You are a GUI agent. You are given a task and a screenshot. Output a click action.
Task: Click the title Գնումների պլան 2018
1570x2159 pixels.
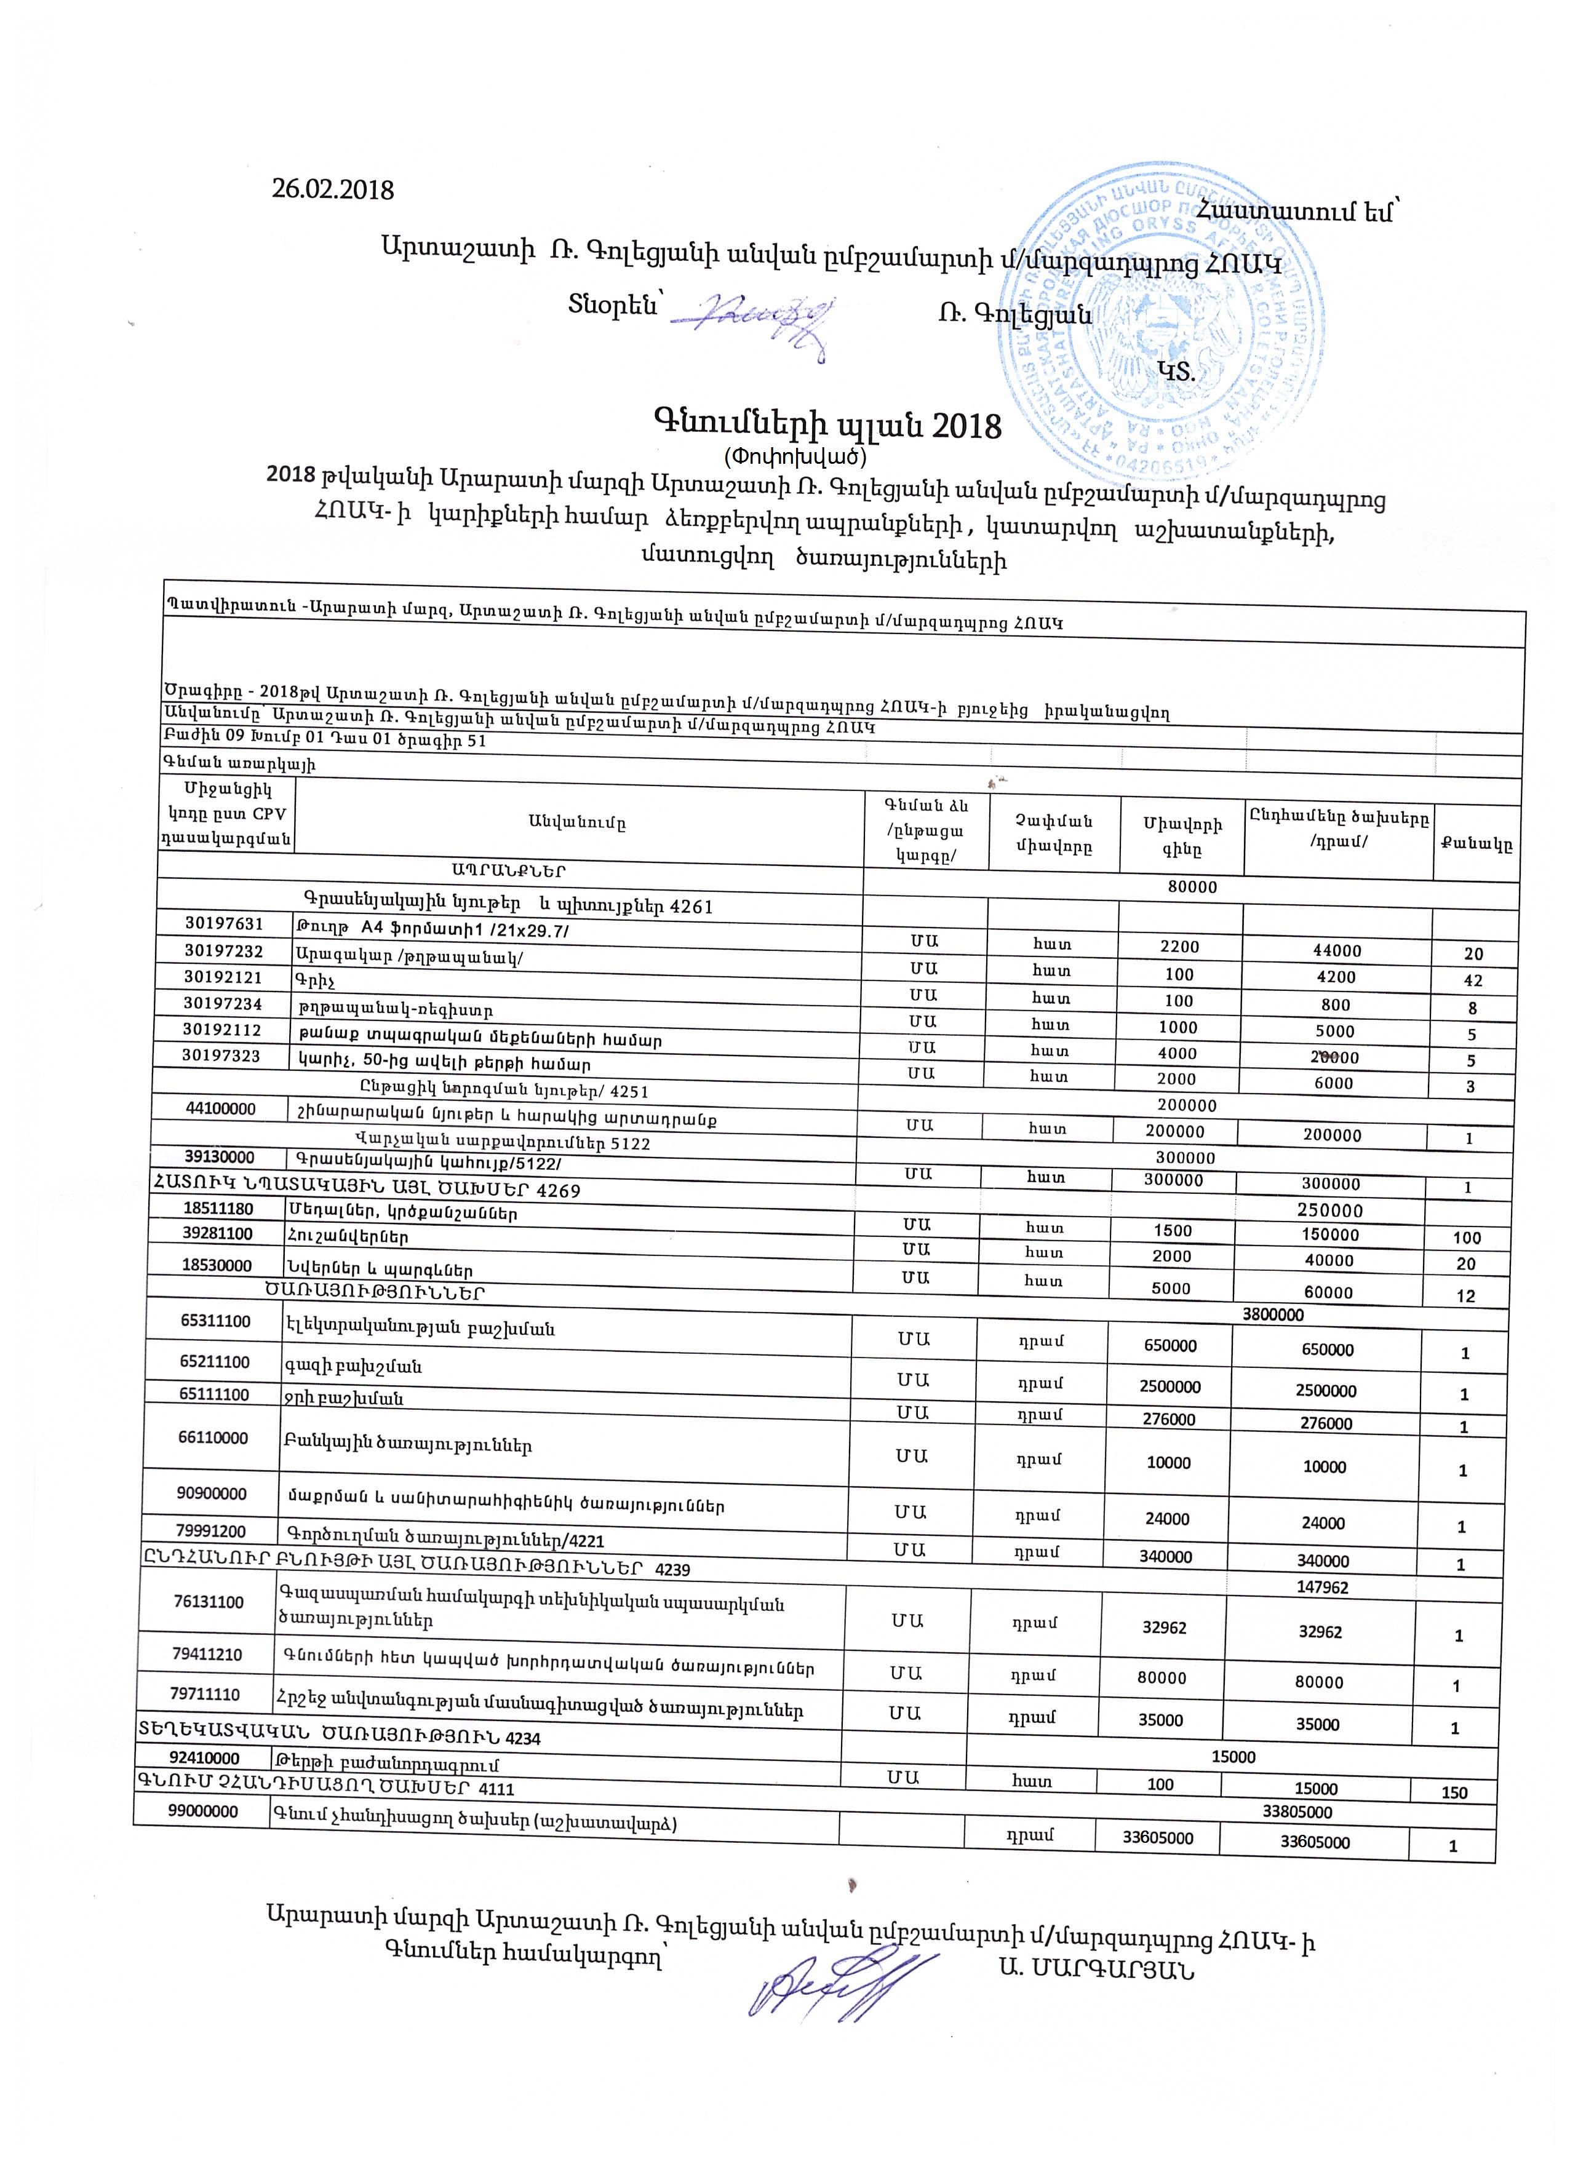(x=826, y=424)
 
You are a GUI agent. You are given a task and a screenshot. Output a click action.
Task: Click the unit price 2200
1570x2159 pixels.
(x=1181, y=947)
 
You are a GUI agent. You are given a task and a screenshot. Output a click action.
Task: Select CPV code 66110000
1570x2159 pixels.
(x=213, y=1437)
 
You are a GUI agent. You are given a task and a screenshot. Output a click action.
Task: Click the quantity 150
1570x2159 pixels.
(x=1454, y=1792)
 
